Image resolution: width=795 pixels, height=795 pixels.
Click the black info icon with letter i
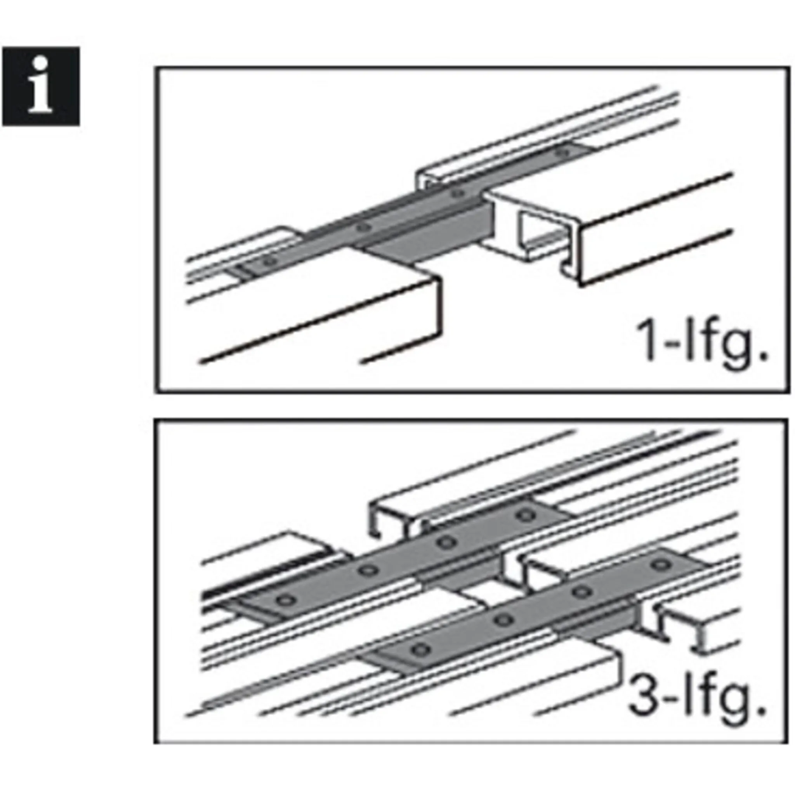[41, 86]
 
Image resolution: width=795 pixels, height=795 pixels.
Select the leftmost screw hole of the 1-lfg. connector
[269, 261]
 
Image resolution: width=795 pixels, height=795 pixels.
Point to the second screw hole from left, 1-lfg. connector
[362, 227]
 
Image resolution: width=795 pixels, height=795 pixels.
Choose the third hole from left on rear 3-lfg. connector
[447, 542]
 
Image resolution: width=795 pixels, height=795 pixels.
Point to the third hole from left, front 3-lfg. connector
[582, 592]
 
